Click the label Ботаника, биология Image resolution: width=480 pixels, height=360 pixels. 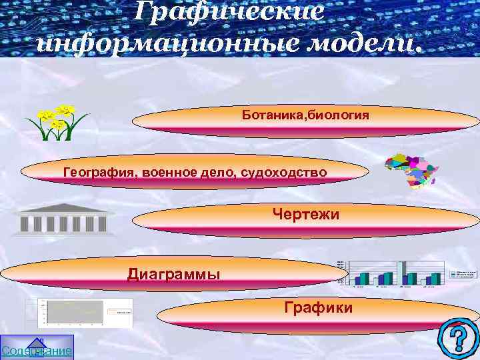[x=305, y=115]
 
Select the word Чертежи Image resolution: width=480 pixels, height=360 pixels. [x=306, y=214]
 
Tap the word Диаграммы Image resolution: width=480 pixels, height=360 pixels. [x=173, y=274]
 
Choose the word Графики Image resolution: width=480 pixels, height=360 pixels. [x=318, y=307]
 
